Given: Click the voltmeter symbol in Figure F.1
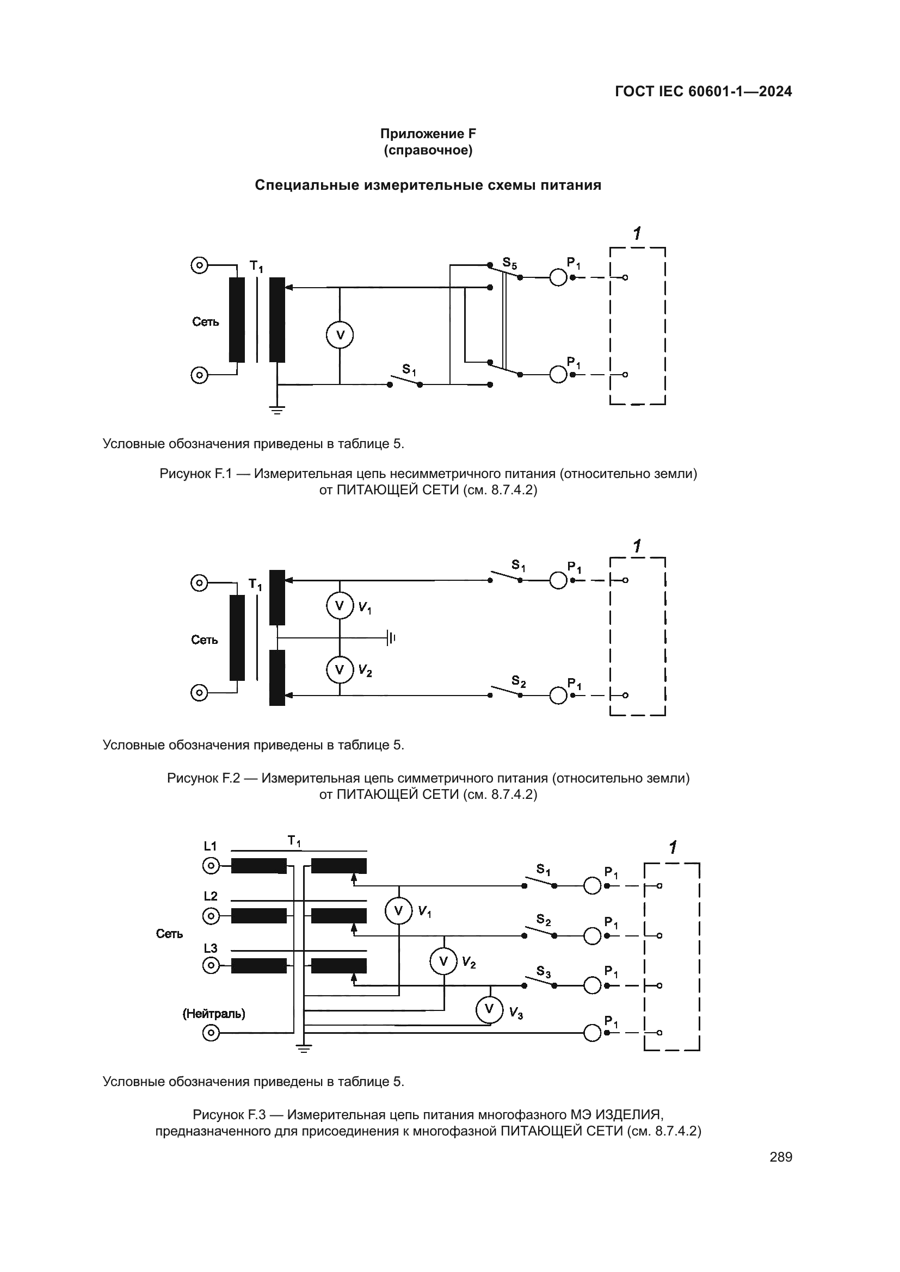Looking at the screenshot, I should coord(339,335).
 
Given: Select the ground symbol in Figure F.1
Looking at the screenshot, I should coord(277,410).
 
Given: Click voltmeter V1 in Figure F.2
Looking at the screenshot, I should coord(339,605).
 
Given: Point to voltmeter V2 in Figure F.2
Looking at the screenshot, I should coord(339,670).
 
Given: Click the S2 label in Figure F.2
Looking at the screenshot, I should coord(519,681).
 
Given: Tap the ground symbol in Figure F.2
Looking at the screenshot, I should coord(391,638).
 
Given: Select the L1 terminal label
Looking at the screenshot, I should coord(211,846).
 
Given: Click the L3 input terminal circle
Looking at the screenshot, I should coord(211,966).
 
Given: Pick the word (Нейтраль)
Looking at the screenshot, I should coord(214,1013).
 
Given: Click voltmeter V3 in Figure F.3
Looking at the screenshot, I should coord(489,1009).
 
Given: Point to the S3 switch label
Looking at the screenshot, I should coord(544,971).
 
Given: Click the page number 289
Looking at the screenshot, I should coord(781,1157).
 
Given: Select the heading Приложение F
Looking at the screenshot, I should coord(428,134).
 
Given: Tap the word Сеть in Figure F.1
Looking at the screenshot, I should coord(206,322).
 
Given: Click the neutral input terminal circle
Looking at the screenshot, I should coord(211,1032).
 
